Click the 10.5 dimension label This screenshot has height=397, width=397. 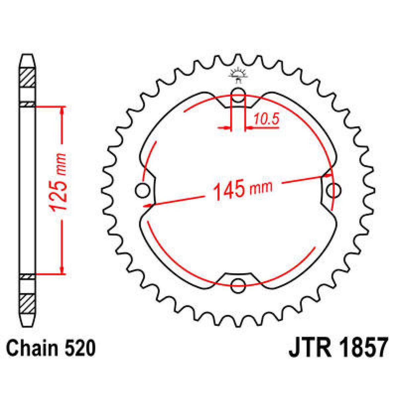click(267, 119)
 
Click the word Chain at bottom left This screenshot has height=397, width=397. click(31, 348)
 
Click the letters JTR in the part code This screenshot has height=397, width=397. click(310, 347)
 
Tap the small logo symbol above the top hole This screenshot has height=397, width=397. click(238, 74)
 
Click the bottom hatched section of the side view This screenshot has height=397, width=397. click(27, 303)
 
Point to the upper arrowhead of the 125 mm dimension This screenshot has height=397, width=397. click(62, 111)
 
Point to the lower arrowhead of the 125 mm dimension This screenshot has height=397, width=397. click(62, 270)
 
